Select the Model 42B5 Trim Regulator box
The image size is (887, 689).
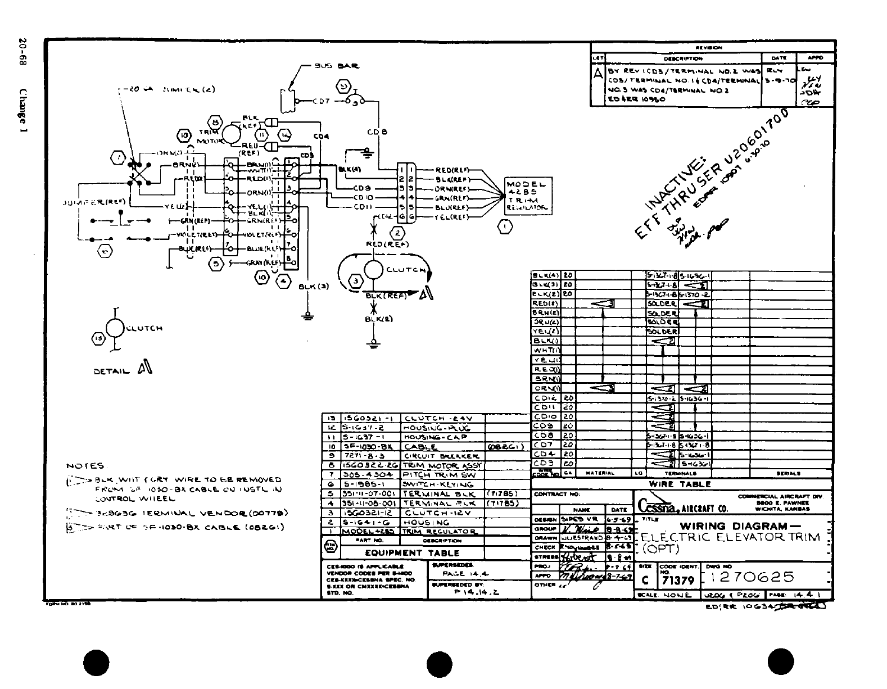click(x=527, y=196)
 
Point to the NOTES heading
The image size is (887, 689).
click(x=85, y=466)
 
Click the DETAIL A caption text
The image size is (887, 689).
click(x=123, y=369)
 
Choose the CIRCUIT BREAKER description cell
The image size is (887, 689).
click(x=442, y=456)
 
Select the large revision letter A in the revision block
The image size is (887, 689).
click(x=598, y=74)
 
